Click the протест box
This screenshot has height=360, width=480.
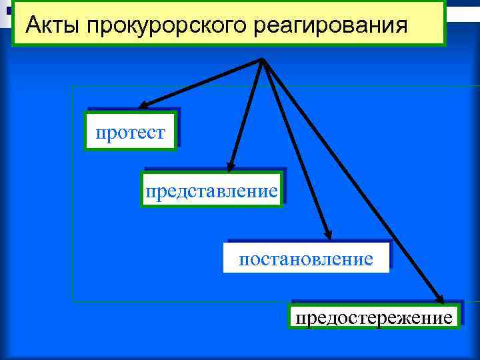click(131, 132)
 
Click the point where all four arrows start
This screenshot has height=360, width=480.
click(262, 59)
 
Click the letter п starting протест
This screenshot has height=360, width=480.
click(100, 133)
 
